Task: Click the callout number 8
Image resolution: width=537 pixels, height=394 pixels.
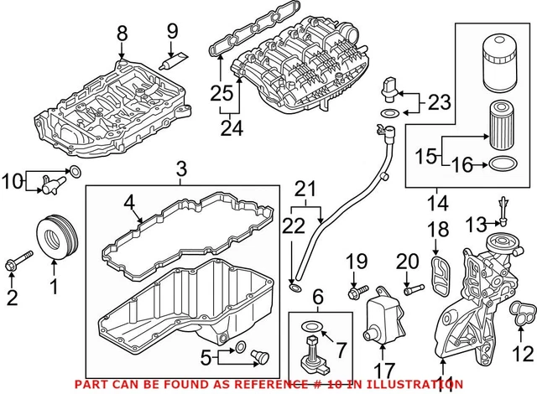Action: (x=123, y=33)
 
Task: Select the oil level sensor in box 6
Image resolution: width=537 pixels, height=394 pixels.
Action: (x=310, y=360)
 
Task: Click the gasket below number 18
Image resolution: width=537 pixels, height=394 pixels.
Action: (x=437, y=272)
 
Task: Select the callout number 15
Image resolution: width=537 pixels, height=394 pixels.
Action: (x=426, y=156)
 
